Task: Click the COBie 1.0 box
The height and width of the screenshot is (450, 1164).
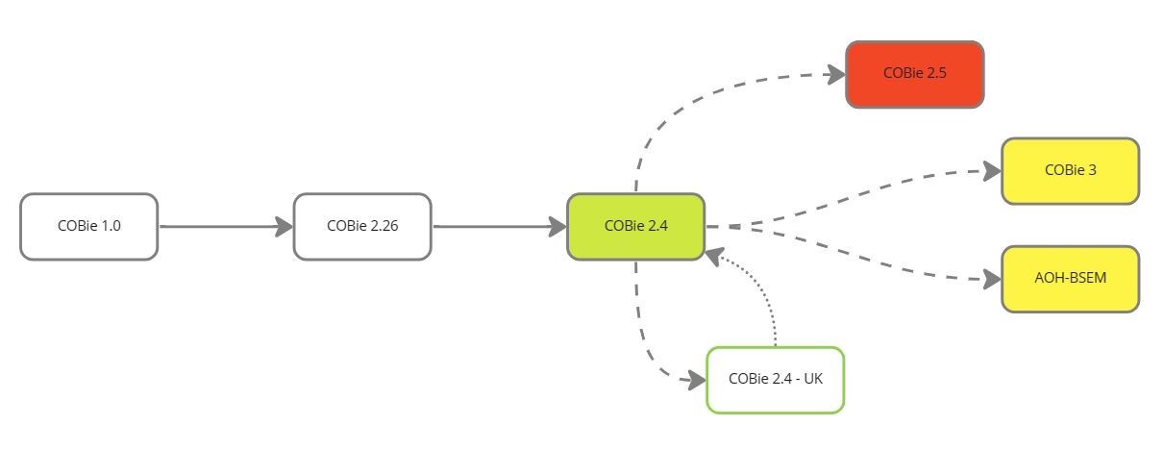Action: tap(88, 227)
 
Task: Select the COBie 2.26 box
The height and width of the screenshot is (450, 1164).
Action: tap(362, 227)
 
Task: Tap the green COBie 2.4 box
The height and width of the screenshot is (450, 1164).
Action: tap(635, 227)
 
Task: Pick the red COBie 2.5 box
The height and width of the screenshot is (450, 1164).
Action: tap(914, 74)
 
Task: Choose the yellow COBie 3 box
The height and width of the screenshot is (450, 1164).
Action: tap(1070, 171)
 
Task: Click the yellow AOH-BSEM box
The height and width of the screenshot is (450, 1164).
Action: tap(1070, 279)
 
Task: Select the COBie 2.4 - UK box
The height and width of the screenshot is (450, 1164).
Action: tap(775, 380)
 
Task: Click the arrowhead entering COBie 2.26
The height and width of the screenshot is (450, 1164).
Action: tap(284, 227)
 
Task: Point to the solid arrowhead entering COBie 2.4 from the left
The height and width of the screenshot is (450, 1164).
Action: tap(557, 227)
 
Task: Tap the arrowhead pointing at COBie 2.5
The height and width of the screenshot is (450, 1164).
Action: tap(834, 73)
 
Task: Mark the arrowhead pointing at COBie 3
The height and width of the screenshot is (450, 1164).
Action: tap(992, 172)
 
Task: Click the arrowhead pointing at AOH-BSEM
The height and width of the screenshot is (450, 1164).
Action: tap(992, 280)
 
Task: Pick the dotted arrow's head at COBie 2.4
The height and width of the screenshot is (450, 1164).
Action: tap(712, 255)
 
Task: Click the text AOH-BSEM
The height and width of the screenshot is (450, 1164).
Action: tap(1070, 279)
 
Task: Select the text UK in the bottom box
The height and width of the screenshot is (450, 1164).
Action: tap(812, 379)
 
